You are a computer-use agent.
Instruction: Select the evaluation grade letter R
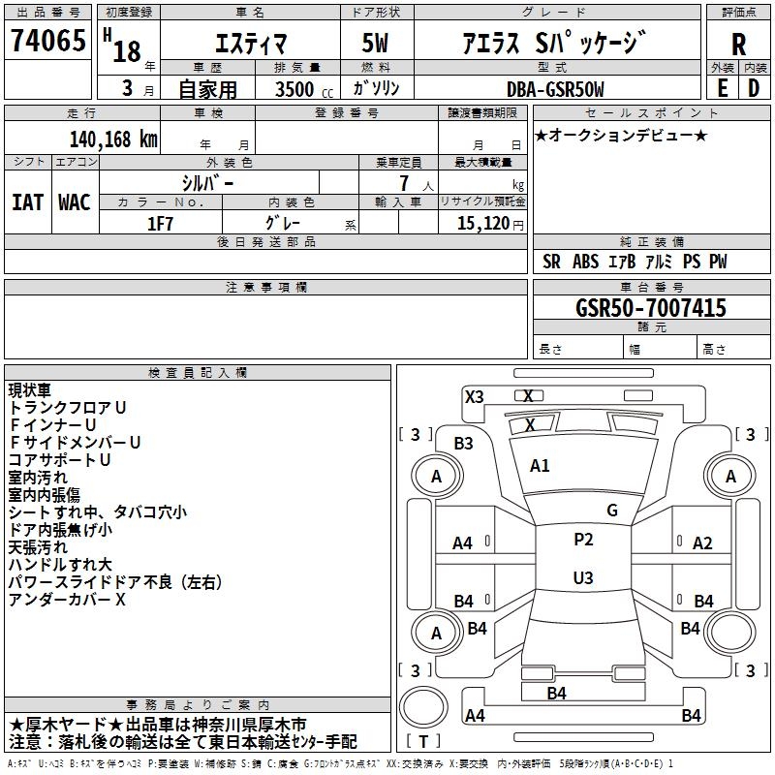738,45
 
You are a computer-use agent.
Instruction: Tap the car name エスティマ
248,44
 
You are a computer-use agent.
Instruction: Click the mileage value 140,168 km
113,139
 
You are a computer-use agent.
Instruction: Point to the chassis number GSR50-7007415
651,308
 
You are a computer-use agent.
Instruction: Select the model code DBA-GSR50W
555,89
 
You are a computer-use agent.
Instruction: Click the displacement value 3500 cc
296,89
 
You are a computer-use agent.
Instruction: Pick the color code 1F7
160,222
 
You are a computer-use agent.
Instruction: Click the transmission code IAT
28,202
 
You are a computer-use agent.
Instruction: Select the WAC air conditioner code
75,202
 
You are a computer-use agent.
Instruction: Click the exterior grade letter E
721,88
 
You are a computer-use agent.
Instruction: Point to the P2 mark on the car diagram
583,540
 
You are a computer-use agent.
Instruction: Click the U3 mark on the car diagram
583,577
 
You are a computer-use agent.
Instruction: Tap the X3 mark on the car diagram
475,396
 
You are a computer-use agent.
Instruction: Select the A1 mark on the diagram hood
540,466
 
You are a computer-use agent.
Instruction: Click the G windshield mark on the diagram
611,510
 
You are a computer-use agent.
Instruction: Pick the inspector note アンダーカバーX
68,600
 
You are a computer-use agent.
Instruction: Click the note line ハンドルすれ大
60,565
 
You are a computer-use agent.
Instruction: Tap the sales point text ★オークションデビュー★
621,135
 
